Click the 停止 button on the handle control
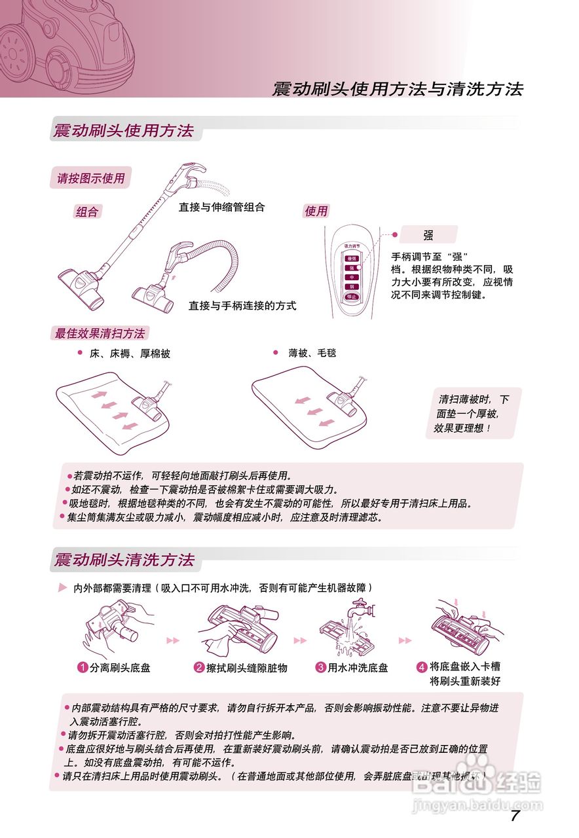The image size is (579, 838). click(x=352, y=296)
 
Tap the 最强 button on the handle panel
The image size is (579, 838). click(x=352, y=259)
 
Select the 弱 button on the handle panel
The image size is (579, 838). click(x=352, y=287)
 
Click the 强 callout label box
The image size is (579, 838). click(x=428, y=235)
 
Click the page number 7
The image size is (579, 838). click(x=515, y=815)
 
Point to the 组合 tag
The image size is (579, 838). click(x=87, y=212)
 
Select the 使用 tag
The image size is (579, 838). click(x=316, y=211)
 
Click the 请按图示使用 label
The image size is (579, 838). click(x=90, y=177)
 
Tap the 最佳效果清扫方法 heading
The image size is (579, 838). click(x=100, y=333)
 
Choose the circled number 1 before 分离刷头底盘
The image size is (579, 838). click(x=83, y=668)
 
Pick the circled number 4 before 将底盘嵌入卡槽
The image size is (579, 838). click(x=422, y=667)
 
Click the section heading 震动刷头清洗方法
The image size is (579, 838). click(x=124, y=560)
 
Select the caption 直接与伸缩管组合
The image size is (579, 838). click(x=221, y=208)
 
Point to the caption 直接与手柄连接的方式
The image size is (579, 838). click(x=242, y=306)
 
